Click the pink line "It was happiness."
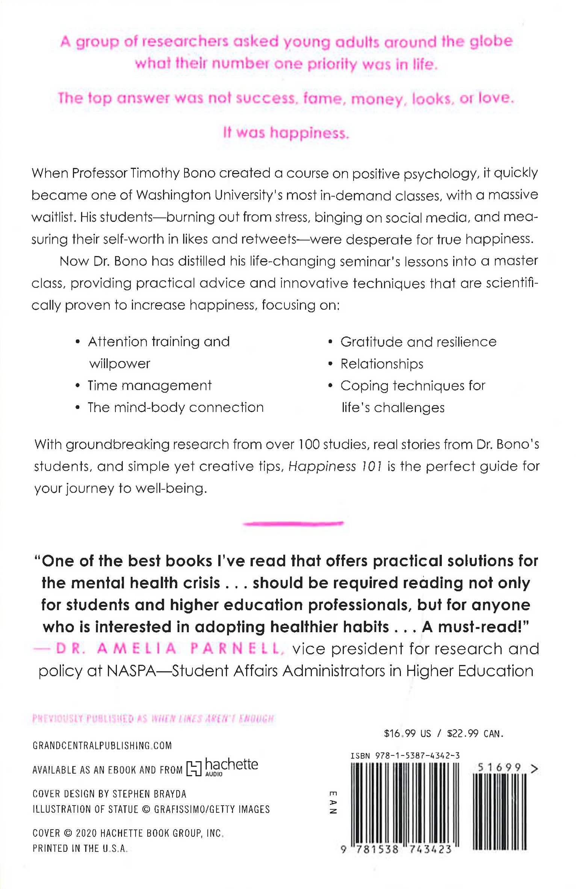(x=286, y=133)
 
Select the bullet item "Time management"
(x=150, y=386)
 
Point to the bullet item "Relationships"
(x=382, y=364)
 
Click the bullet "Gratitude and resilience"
(x=418, y=342)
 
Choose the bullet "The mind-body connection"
(x=175, y=408)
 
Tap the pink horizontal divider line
(x=293, y=523)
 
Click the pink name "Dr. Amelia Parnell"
(x=169, y=649)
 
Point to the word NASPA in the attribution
(x=131, y=671)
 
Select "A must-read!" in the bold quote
(x=475, y=627)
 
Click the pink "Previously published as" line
(x=153, y=719)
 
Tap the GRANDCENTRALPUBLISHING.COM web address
(x=102, y=746)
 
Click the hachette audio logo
(x=222, y=767)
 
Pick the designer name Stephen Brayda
(x=149, y=794)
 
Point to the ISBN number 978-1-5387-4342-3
(x=417, y=756)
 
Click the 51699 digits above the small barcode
(x=499, y=767)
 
